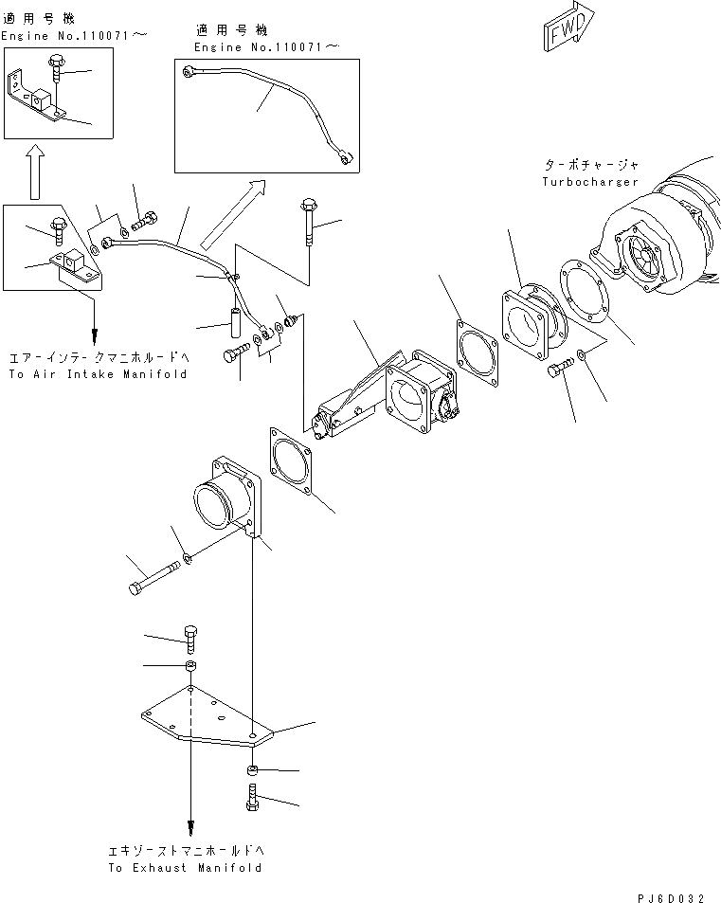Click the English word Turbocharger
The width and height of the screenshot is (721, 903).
[590, 181]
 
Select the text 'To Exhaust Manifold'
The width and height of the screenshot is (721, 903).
[185, 867]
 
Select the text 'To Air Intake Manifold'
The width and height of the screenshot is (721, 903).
[98, 374]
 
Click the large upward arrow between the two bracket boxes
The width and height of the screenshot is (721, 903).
[34, 171]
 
